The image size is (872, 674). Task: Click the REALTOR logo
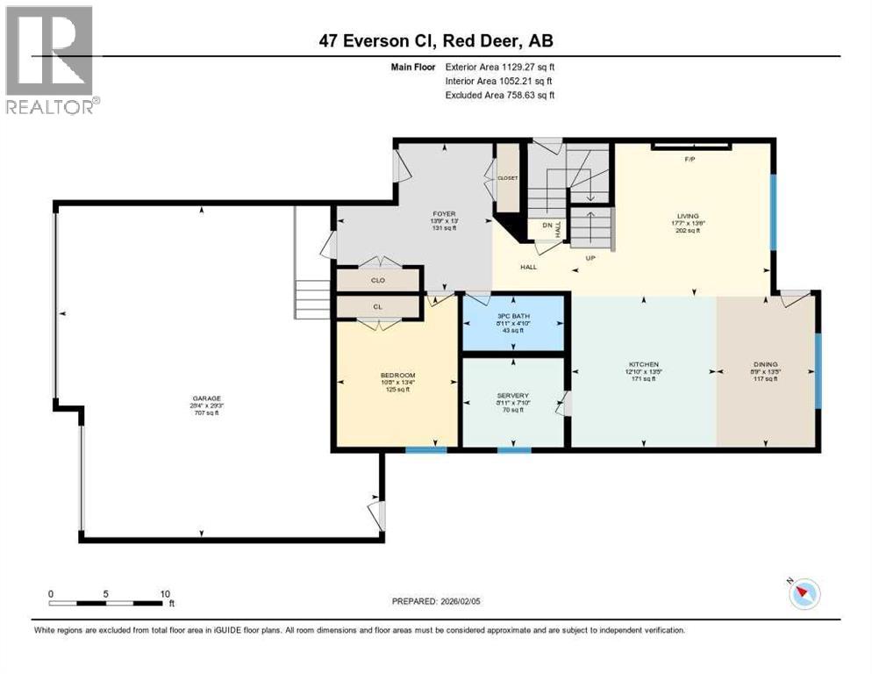[x=51, y=60]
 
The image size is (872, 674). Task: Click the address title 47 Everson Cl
[x=436, y=40]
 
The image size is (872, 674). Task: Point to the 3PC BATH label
[x=514, y=313]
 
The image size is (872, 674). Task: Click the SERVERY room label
[x=514, y=395]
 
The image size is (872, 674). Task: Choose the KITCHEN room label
[x=643, y=364]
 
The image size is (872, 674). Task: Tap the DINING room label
[x=765, y=364]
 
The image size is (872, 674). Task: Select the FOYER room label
[x=444, y=213]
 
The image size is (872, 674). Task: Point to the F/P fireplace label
[x=690, y=160]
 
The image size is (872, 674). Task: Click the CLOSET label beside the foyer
[x=508, y=177]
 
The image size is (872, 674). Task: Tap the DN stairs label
[x=546, y=226]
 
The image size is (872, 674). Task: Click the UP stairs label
[x=590, y=258]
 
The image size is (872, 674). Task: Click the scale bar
[x=110, y=603]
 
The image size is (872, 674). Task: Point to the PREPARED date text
[x=436, y=601]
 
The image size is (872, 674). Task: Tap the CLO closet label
[x=377, y=282]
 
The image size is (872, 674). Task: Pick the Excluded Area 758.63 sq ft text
[x=500, y=95]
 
